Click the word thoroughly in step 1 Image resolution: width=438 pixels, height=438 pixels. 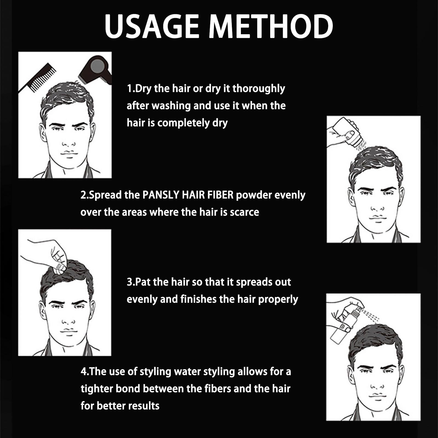click(259, 89)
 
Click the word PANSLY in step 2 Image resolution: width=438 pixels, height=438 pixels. click(161, 195)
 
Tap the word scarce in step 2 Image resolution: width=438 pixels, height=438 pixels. click(244, 212)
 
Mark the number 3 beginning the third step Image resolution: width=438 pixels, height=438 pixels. click(129, 282)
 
